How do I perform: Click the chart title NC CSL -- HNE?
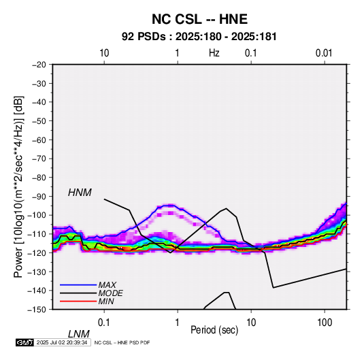pyautogui.click(x=199, y=19)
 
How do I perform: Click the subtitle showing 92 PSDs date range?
pyautogui.click(x=199, y=37)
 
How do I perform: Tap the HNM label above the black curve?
pyautogui.click(x=80, y=193)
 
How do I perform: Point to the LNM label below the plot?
pyautogui.click(x=78, y=334)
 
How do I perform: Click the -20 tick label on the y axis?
pyautogui.click(x=39, y=65)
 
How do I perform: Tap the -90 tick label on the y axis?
pyautogui.click(x=39, y=196)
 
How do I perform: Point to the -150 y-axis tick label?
pyautogui.click(x=37, y=310)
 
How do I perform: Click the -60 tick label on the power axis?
pyautogui.click(x=39, y=140)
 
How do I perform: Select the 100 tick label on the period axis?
pyautogui.click(x=325, y=323)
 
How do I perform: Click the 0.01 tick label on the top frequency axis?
pyautogui.click(x=324, y=53)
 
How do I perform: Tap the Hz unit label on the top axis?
pyautogui.click(x=214, y=53)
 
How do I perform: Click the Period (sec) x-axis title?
pyautogui.click(x=214, y=330)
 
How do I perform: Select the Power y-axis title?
pyautogui.click(x=18, y=186)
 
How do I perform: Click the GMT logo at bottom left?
pyautogui.click(x=24, y=342)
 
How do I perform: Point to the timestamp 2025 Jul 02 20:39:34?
pyautogui.click(x=62, y=342)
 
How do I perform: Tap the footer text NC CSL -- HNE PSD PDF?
pyautogui.click(x=122, y=342)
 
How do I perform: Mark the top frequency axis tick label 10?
pyautogui.click(x=104, y=53)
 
